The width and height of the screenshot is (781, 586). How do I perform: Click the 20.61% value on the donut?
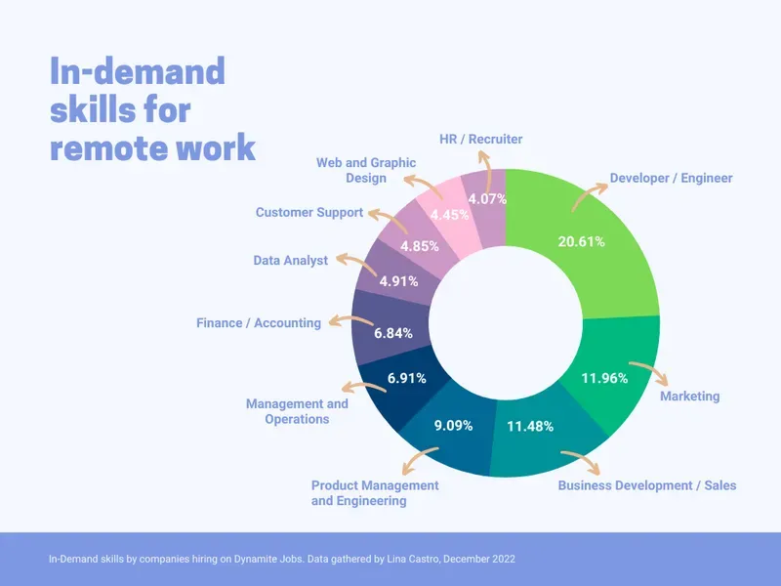click(x=580, y=241)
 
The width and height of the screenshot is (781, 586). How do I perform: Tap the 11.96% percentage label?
click(x=604, y=378)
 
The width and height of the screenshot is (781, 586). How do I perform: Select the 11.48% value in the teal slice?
click(x=530, y=426)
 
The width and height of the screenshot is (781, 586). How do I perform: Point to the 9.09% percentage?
click(x=452, y=426)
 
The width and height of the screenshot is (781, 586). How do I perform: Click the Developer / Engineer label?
click(x=671, y=179)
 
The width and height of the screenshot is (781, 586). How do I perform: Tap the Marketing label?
click(x=689, y=397)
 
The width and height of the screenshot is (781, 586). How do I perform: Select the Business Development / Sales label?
click(x=646, y=485)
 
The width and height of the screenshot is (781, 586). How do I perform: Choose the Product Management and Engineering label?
click(x=374, y=493)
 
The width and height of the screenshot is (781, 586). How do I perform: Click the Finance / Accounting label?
click(x=258, y=323)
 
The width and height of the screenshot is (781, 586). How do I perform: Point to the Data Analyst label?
click(x=290, y=261)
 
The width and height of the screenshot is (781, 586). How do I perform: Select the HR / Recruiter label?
click(x=481, y=140)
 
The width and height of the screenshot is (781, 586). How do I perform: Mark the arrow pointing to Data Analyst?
click(x=343, y=260)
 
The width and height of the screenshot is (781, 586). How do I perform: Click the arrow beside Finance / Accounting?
click(x=338, y=321)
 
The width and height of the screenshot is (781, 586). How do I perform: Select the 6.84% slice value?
click(x=393, y=333)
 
